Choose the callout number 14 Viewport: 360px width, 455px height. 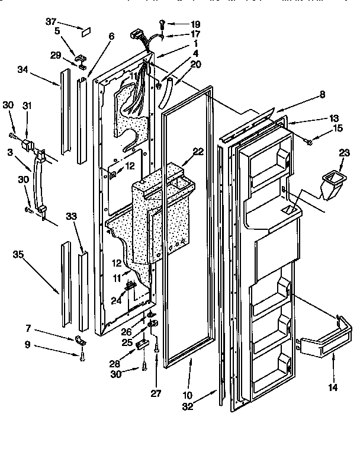click(x=333, y=388)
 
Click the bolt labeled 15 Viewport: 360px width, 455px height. click(x=310, y=141)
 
